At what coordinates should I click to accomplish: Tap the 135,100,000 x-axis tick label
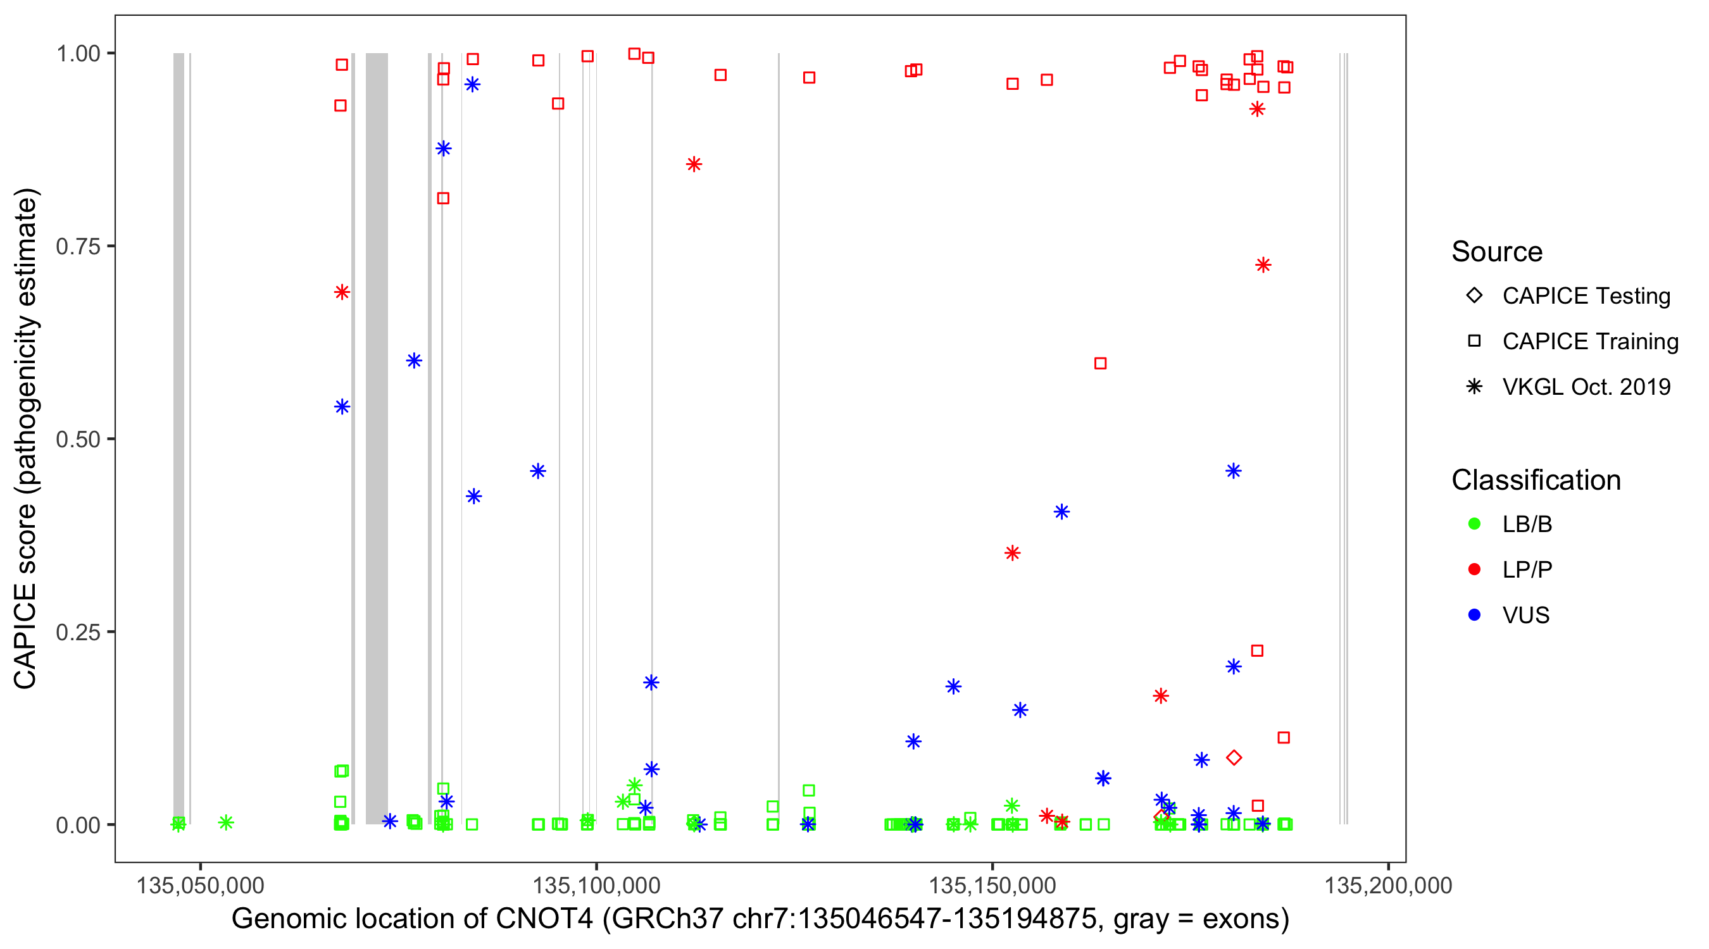[596, 885]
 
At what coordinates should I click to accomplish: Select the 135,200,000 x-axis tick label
[1388, 885]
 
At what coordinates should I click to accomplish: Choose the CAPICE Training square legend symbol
[1474, 342]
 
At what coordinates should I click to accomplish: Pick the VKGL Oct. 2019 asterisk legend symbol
[1474, 387]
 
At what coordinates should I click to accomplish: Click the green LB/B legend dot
[1474, 524]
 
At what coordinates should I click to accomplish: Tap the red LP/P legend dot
[1474, 569]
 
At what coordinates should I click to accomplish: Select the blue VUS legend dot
[1474, 616]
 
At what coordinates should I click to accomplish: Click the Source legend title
[1497, 252]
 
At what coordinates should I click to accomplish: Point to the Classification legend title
[1536, 480]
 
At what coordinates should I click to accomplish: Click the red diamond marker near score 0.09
[1233, 758]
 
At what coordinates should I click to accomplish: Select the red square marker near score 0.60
[1100, 363]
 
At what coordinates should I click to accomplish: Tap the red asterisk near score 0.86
[693, 164]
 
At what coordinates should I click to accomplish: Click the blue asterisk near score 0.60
[414, 361]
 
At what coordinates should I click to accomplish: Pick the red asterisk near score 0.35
[1011, 553]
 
